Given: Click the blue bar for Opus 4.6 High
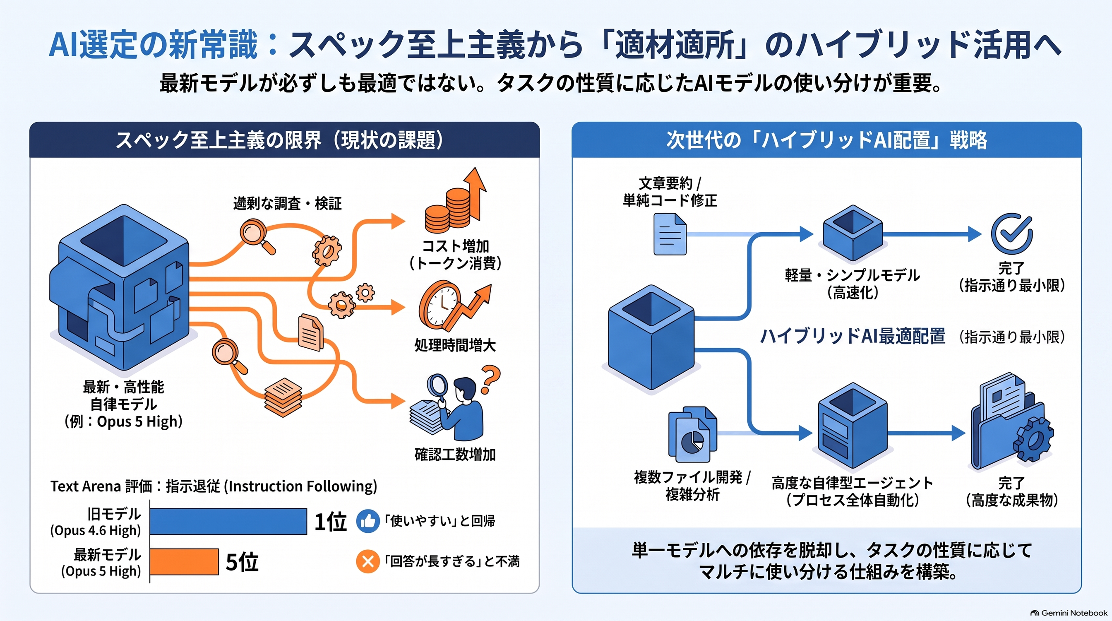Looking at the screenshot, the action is pos(228,521).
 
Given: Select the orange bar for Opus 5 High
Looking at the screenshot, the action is pos(184,561).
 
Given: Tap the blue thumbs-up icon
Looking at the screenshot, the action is pos(368,521).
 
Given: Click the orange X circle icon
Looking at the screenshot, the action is pos(368,561).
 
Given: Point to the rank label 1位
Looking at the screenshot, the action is pos(330,522).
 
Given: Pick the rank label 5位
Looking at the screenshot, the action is pos(242,562).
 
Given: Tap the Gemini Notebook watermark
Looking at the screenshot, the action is pos(1069,613).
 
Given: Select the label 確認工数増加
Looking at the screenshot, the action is pos(455,454).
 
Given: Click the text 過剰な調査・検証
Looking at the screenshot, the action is pos(288,203).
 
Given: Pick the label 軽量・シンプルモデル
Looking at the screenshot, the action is pos(853,275).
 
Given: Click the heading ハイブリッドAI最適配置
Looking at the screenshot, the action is pos(853,336).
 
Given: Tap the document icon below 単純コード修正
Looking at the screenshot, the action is pos(670,234).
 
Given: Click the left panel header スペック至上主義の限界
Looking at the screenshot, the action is pos(219,140).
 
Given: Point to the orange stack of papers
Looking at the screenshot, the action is pos(283,397).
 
